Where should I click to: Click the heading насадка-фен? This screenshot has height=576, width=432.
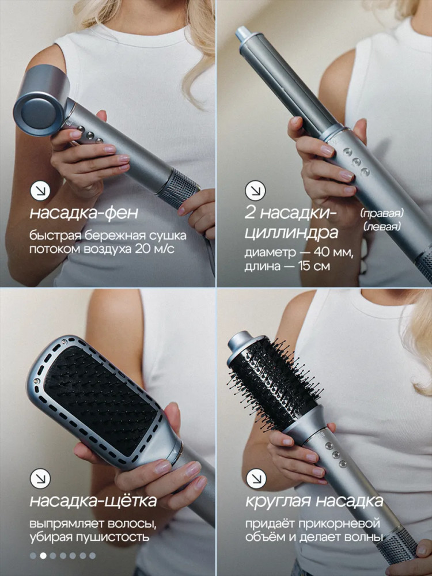coord(84,214)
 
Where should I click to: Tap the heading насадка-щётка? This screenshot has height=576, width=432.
coord(93,501)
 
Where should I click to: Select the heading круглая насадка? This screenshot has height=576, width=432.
coord(314,501)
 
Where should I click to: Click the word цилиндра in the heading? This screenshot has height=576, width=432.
coord(291,233)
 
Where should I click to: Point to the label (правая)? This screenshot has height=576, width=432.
coord(382,213)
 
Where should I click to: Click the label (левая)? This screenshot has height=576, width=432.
coord(382,226)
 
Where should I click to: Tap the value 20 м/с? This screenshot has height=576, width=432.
coord(154,249)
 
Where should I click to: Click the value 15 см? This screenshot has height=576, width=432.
coord(314,266)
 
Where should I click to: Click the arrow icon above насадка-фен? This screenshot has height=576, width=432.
coord(40,191)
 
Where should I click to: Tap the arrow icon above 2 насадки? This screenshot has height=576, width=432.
coord(255,191)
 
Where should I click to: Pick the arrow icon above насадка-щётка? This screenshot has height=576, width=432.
coord(40,479)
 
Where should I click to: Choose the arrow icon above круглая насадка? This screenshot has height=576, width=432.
coord(256,479)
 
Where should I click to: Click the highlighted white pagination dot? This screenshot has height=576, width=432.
coord(43,555)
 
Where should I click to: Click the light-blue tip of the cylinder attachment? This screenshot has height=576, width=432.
coord(242,33)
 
